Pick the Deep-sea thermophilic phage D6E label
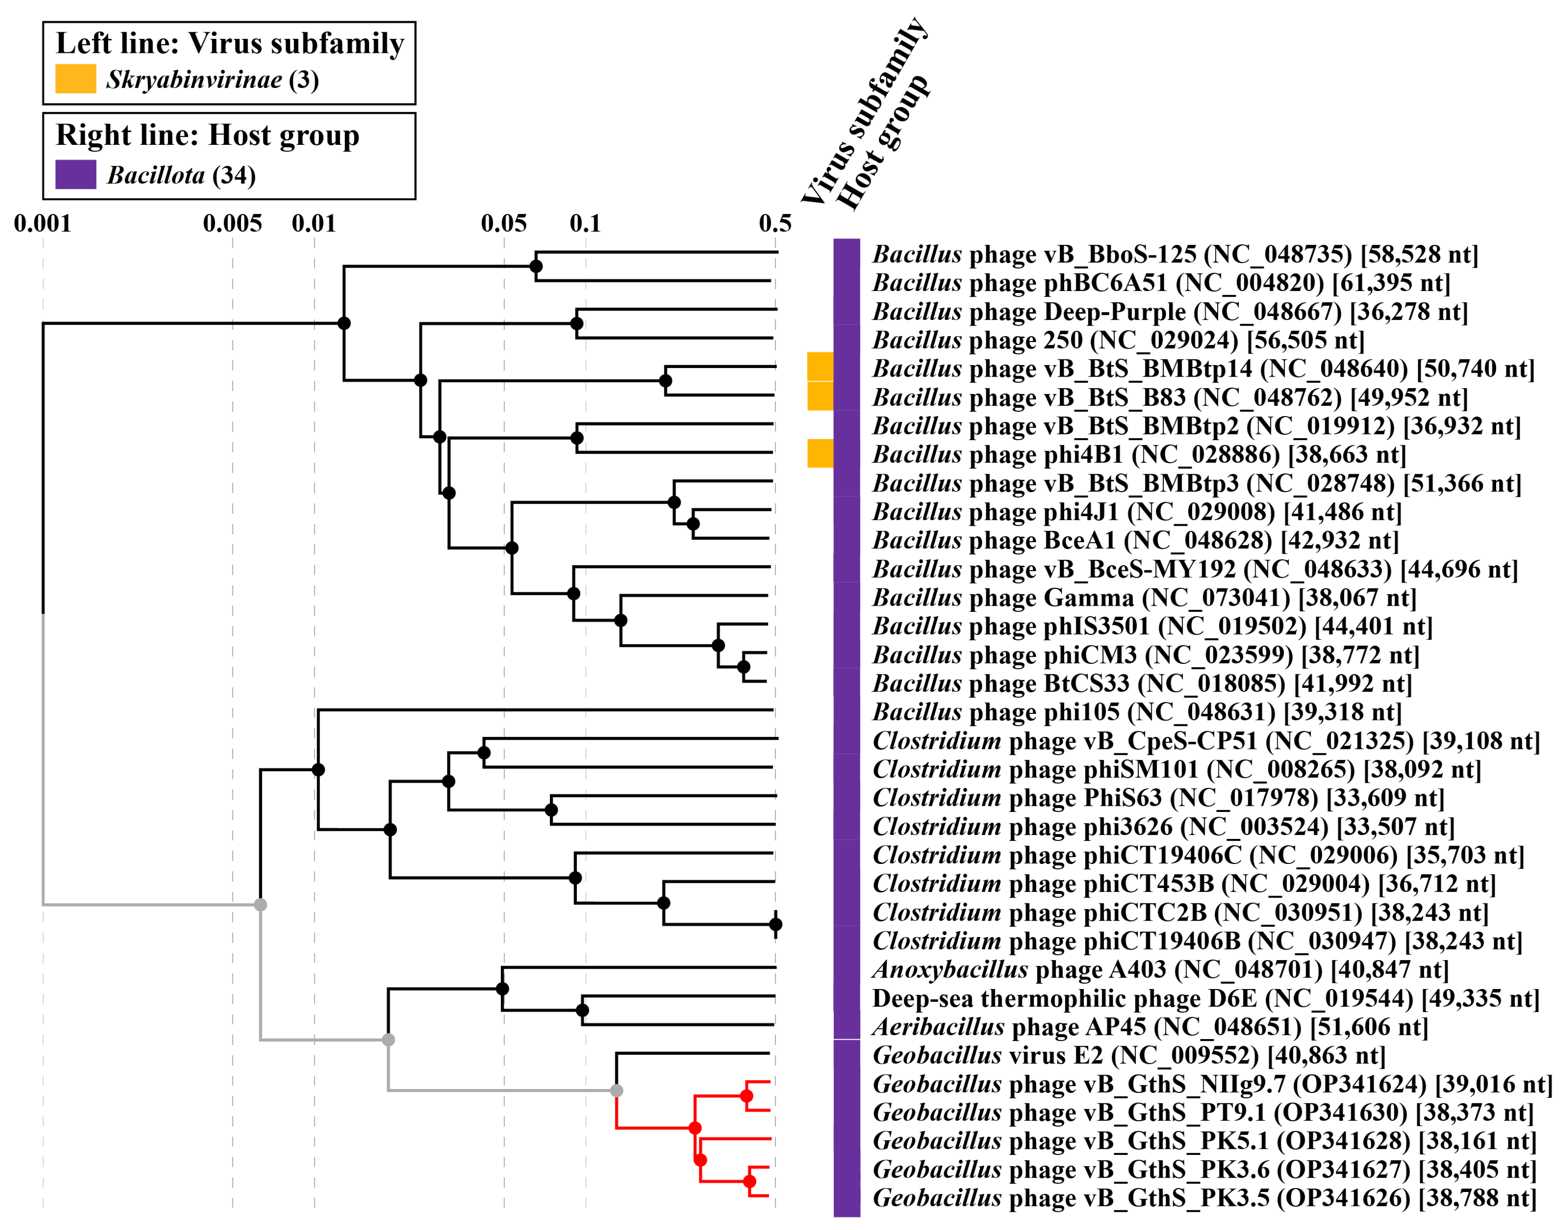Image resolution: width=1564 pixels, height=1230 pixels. click(x=1206, y=999)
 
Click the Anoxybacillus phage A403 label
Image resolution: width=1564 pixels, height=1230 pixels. click(x=1159, y=970)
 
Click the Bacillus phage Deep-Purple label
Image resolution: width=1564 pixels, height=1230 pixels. click(x=1170, y=312)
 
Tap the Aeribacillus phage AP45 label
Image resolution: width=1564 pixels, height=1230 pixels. click(x=1149, y=1027)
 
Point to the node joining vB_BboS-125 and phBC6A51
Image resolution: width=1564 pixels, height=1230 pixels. click(x=536, y=266)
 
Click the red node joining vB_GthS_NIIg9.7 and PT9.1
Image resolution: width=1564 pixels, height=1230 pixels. click(x=747, y=1096)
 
